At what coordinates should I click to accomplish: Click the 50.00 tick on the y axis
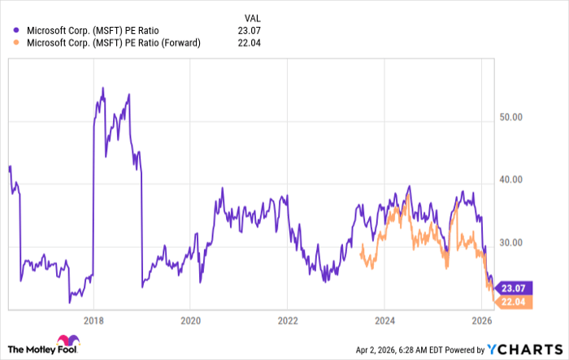(x=511, y=118)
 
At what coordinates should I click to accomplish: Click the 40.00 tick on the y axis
(x=511, y=180)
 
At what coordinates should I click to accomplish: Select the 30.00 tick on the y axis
(x=511, y=243)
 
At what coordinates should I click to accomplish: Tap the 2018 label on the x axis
(x=93, y=319)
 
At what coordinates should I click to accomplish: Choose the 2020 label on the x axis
(x=190, y=319)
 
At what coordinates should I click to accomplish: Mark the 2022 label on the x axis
(x=288, y=319)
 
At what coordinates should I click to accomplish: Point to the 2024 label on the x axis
(x=384, y=319)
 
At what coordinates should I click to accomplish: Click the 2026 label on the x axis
(x=481, y=319)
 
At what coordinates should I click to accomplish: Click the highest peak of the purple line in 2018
(x=102, y=88)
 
